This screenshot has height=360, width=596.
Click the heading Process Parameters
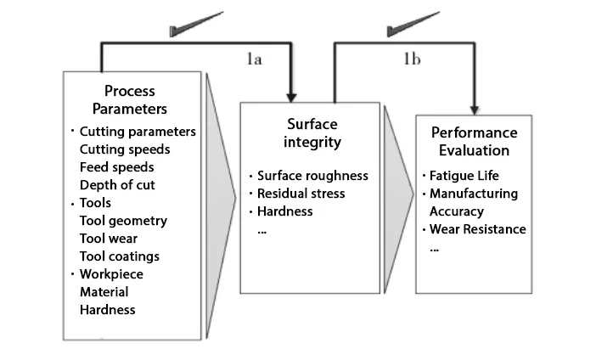coord(135,99)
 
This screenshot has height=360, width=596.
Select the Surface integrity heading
coord(309,133)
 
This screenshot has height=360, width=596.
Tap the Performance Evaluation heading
coord(475,141)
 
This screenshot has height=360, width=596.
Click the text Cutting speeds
coord(124,149)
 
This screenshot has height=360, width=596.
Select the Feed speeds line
coord(117,167)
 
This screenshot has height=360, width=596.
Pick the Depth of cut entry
coord(117,185)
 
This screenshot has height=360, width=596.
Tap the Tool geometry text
coord(123,221)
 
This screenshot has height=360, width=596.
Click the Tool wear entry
coord(108,239)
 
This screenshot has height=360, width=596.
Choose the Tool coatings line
coord(119,256)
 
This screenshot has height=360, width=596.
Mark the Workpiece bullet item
coord(112,274)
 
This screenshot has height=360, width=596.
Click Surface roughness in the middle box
coord(313,176)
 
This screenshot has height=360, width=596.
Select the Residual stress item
coord(302,194)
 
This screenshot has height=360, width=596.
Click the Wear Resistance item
coord(477,229)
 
